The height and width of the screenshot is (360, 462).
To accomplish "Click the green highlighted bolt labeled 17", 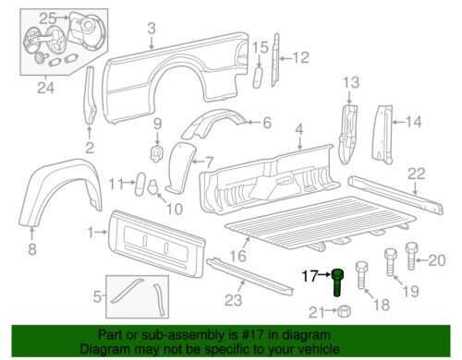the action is click(338, 282).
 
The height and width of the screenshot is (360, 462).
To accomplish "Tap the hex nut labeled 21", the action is click(344, 311).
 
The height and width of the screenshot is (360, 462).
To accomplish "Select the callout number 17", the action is click(310, 276).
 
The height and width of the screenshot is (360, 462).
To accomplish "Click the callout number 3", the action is click(152, 29).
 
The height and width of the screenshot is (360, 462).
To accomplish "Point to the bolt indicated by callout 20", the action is click(411, 256).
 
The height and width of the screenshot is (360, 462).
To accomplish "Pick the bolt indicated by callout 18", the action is click(362, 275).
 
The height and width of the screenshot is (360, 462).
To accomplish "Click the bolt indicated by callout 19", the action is click(390, 262).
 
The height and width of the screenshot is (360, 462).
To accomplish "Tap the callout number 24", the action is click(46, 88).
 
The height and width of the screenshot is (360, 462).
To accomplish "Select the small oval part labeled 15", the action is click(258, 78).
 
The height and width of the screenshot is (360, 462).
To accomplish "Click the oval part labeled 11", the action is click(140, 185).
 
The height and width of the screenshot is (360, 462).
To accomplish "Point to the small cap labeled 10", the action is click(153, 186).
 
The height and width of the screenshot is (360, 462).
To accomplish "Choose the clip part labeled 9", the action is click(157, 153).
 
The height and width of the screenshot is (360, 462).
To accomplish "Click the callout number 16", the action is click(237, 256).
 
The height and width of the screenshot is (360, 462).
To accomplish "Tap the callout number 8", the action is click(32, 248).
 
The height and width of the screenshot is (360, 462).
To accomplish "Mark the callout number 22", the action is click(417, 174).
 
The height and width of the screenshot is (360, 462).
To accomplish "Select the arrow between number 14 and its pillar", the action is click(398, 122).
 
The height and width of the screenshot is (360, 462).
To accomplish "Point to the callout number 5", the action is click(97, 297).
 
